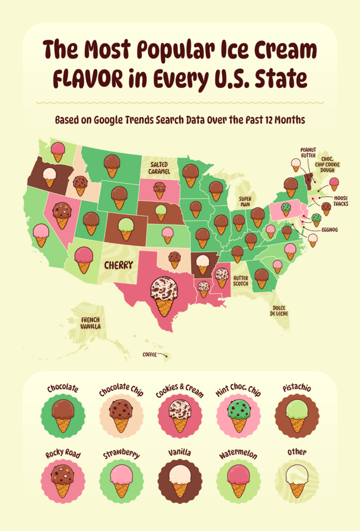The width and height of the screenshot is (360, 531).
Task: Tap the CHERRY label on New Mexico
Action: point(118,265)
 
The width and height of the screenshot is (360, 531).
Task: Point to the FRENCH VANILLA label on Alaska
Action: point(90,323)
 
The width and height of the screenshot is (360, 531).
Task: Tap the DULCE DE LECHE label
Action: point(279,311)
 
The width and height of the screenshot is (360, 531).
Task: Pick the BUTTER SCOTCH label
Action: point(241,281)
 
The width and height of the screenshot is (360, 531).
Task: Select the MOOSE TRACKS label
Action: point(341,201)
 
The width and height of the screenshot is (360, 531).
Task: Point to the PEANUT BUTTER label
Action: point(309,153)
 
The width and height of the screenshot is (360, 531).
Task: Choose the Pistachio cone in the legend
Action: point(297,415)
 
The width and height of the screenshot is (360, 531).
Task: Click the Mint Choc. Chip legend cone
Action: point(239,415)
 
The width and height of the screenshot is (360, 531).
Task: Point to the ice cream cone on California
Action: point(41,235)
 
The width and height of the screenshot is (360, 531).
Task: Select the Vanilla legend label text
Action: point(179,453)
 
